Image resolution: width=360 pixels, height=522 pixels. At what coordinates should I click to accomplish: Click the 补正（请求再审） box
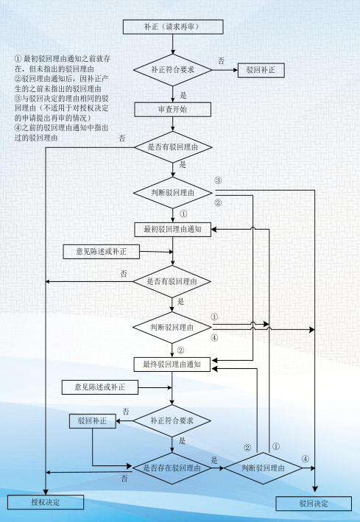point(173,27)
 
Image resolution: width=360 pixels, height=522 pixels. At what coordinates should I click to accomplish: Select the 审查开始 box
point(172,110)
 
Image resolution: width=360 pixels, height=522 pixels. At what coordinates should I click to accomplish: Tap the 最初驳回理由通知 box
point(172,230)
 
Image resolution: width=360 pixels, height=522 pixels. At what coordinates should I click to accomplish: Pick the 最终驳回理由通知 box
point(172,364)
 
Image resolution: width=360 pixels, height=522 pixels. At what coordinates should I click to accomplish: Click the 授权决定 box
point(46,501)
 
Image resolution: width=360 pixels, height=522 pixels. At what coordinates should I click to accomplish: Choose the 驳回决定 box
point(314,504)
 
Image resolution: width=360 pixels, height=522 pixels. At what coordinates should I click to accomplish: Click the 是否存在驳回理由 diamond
point(172,468)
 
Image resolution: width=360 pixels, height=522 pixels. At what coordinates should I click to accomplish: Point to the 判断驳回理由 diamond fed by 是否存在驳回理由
point(263,468)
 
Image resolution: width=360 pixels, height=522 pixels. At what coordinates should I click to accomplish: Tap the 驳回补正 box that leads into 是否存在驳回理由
point(93,421)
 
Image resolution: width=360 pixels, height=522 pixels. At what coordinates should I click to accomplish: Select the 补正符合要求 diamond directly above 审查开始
point(172,70)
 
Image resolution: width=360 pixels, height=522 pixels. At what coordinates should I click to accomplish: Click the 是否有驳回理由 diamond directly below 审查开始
point(172,147)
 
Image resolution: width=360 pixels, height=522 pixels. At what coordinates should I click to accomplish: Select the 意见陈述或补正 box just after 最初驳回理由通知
point(102,252)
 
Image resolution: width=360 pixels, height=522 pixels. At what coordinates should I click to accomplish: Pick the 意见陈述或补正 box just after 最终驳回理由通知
point(100,387)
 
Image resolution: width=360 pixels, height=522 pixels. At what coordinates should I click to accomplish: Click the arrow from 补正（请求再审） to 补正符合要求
point(172,44)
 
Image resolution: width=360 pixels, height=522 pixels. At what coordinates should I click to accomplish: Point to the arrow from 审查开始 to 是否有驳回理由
point(172,124)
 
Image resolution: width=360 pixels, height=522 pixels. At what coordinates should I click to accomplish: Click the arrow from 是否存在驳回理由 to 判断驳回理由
point(218,468)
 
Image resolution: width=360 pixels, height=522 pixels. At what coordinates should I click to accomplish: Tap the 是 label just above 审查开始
point(183,95)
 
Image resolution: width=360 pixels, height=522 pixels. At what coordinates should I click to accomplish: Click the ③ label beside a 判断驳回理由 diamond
point(218,181)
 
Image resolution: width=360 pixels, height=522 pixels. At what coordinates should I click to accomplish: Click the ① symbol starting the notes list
point(18,59)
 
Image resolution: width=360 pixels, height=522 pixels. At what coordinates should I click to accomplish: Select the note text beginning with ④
point(61,133)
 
